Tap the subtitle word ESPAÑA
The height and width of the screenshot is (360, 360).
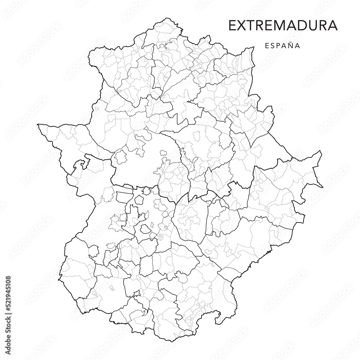coord(283,46)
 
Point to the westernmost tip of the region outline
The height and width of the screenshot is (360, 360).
coord(38,125)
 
